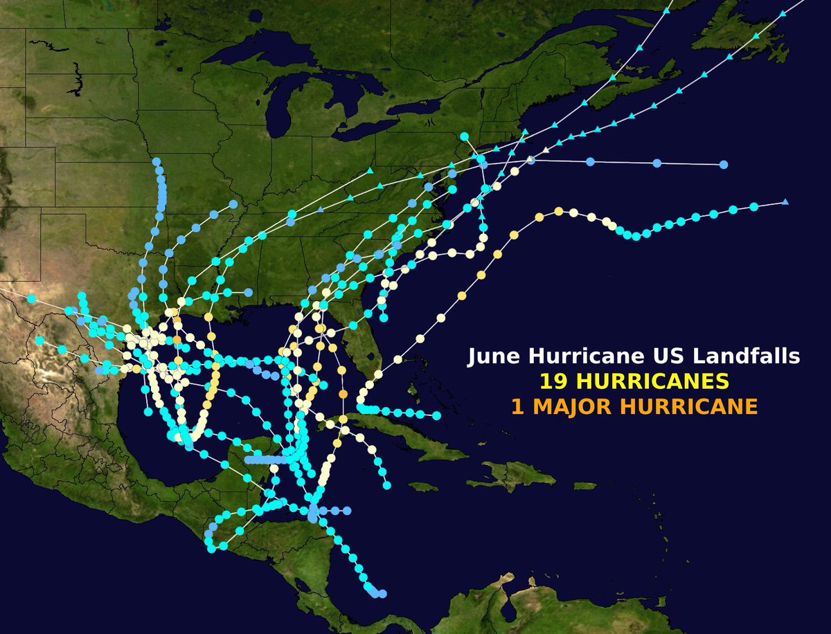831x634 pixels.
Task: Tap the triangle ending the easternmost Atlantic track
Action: (785, 202)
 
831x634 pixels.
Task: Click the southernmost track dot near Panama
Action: (382, 594)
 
